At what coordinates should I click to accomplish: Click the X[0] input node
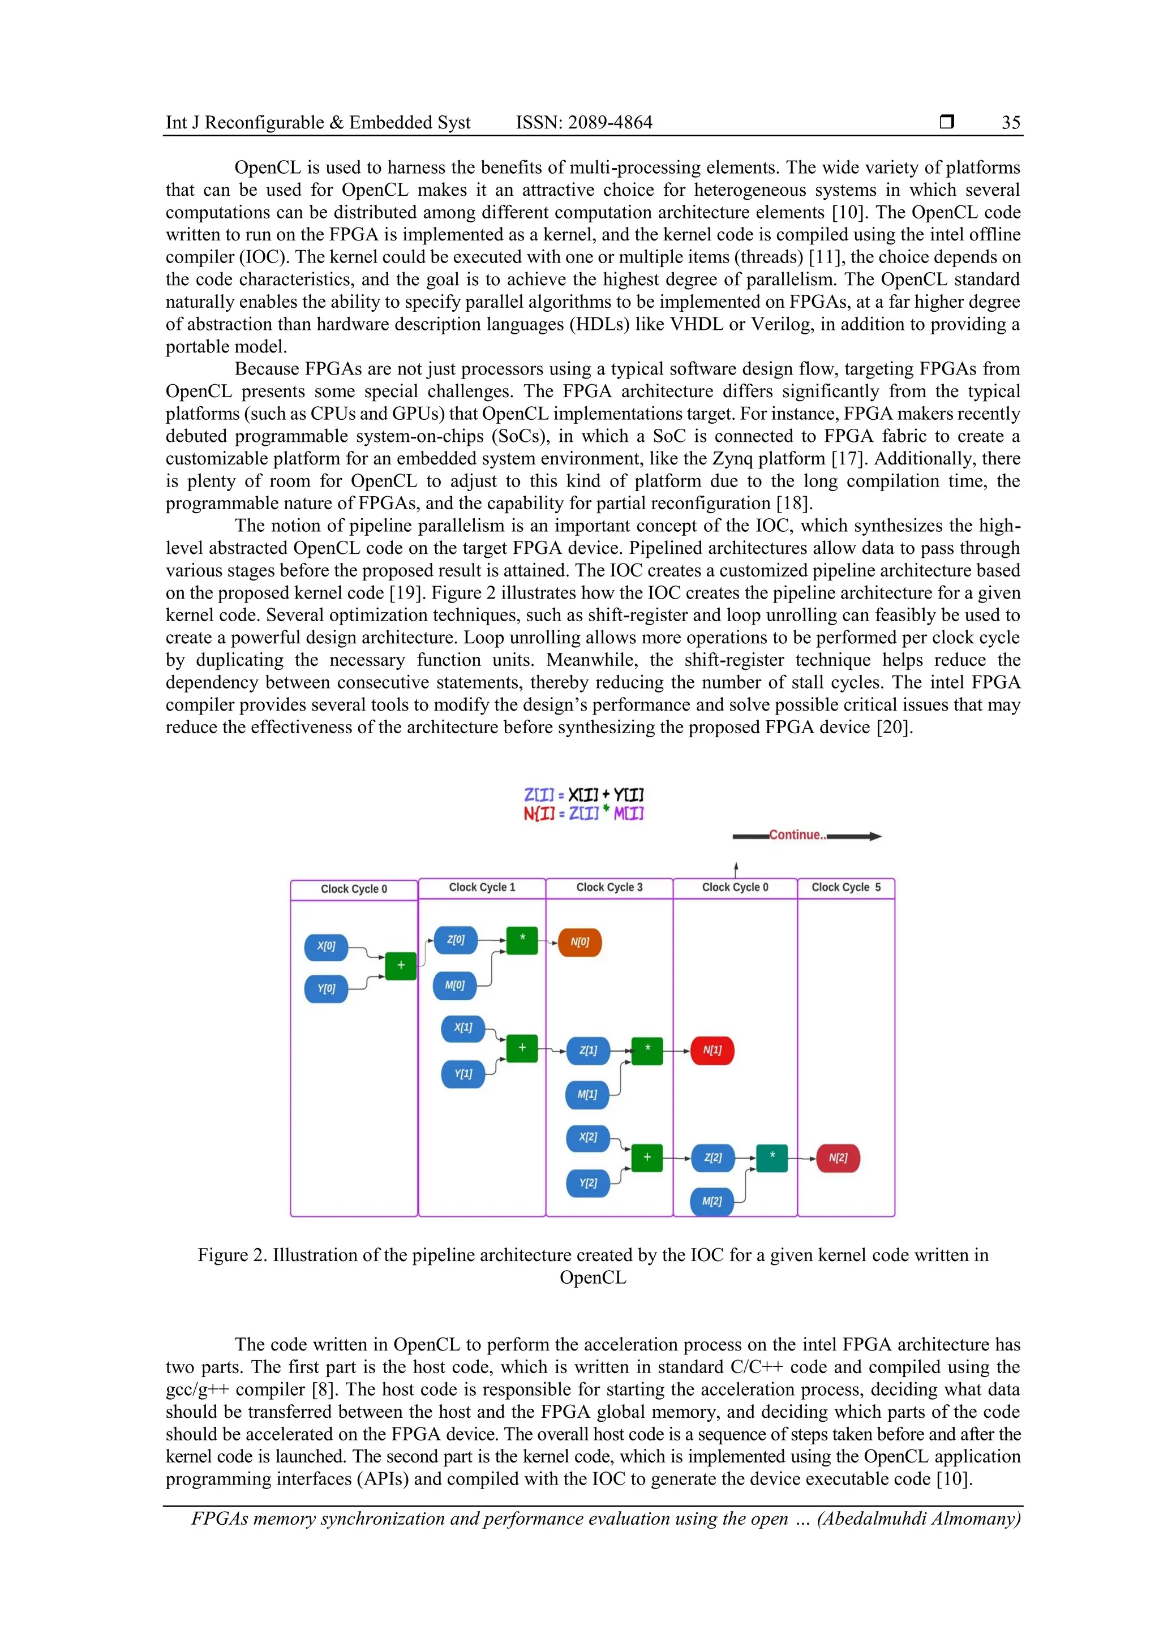click(x=327, y=947)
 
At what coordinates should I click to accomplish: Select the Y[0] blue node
click(x=327, y=989)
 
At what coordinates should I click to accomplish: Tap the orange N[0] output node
click(x=580, y=943)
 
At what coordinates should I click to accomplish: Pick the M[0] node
click(x=455, y=986)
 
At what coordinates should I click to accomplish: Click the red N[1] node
click(x=712, y=1050)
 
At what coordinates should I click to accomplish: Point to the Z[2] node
click(x=712, y=1158)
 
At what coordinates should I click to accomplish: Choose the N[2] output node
click(x=838, y=1158)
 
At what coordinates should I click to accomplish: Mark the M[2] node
click(x=712, y=1202)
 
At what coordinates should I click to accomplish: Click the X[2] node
click(x=588, y=1137)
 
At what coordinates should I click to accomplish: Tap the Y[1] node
click(x=463, y=1074)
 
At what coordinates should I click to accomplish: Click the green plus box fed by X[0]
click(x=401, y=966)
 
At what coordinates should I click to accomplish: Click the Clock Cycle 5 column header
click(x=846, y=887)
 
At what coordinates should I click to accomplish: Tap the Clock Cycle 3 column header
click(x=609, y=887)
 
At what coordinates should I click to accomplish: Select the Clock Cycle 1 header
click(x=482, y=887)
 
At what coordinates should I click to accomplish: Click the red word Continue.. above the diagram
click(x=797, y=835)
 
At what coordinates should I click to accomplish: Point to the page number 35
click(x=1011, y=123)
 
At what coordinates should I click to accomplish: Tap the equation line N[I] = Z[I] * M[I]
click(x=583, y=814)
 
